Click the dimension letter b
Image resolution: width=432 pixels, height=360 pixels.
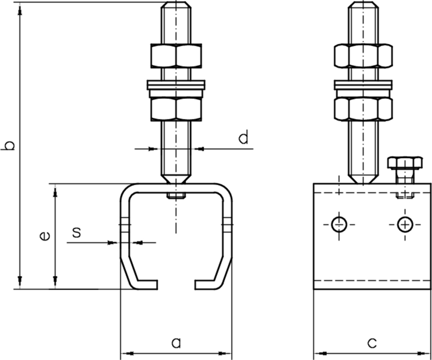[x=9, y=146]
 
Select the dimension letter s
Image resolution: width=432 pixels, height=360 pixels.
[x=77, y=232]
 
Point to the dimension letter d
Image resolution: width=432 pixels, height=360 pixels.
[x=243, y=138]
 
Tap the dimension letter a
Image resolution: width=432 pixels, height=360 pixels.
[x=175, y=342]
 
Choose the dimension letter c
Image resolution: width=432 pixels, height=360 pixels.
[x=372, y=342]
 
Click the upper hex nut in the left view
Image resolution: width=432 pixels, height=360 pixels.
[x=175, y=55]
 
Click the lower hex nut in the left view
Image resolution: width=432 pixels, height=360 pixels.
[x=175, y=108]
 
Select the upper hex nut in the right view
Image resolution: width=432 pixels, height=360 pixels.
[x=362, y=55]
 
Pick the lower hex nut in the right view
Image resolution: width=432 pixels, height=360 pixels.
[x=362, y=108]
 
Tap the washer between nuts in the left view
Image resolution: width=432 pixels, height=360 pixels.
[x=175, y=85]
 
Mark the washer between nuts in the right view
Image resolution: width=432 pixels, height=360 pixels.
[x=362, y=85]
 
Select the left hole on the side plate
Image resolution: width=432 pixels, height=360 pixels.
[x=339, y=223]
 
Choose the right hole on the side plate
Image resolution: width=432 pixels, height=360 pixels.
[x=404, y=223]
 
